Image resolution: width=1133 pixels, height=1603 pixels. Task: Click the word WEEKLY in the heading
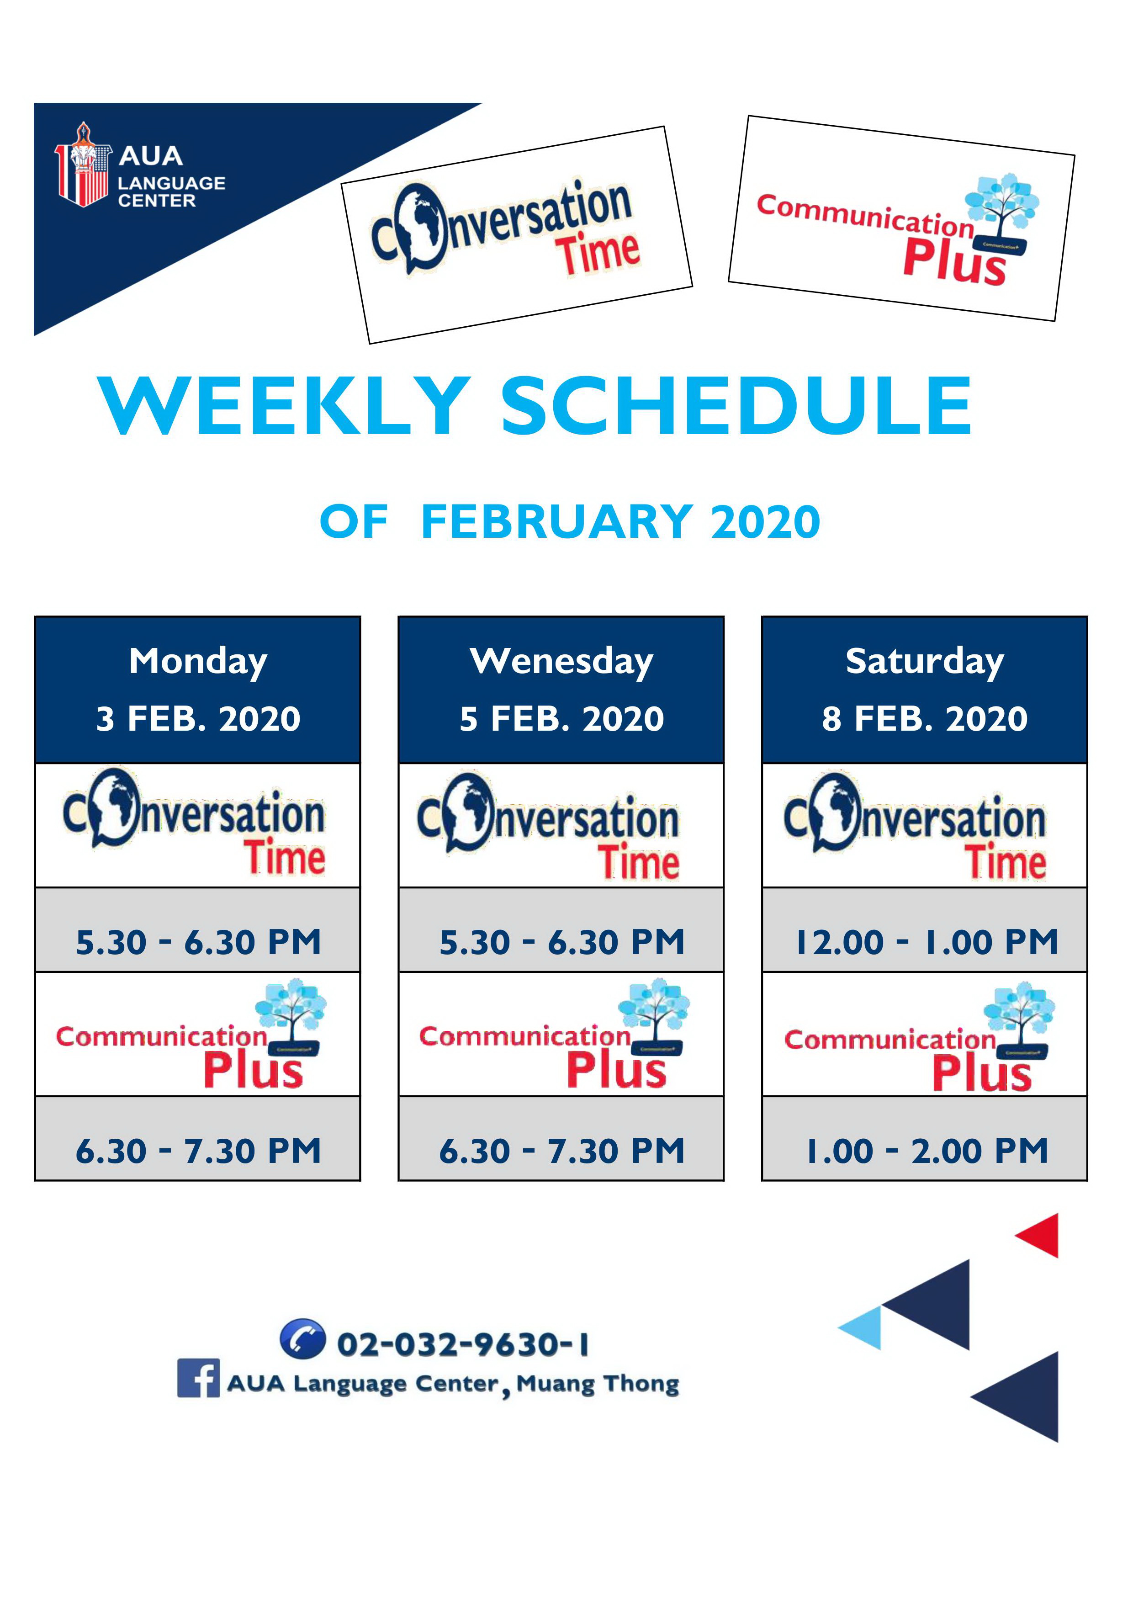pos(285,406)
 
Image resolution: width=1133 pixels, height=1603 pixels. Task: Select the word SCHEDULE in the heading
pos(736,406)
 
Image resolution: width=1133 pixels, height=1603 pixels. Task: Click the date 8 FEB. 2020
pos(925,718)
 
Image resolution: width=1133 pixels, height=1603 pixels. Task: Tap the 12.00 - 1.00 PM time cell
pos(925,942)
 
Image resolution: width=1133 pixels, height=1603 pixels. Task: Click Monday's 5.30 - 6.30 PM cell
pos(198,942)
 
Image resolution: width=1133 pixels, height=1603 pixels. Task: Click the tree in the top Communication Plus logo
pos(1002,209)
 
